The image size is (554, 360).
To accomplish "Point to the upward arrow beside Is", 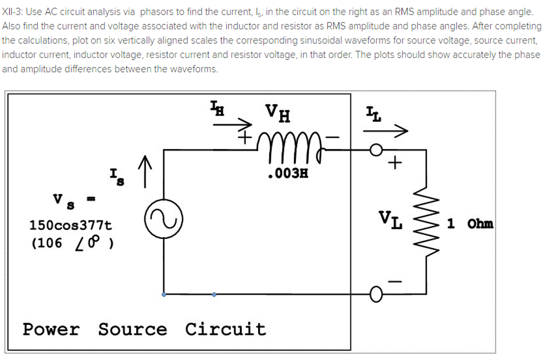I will point(144,171).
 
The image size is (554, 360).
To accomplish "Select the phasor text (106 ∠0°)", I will point(72,243).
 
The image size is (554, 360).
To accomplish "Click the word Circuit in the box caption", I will point(226,329).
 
